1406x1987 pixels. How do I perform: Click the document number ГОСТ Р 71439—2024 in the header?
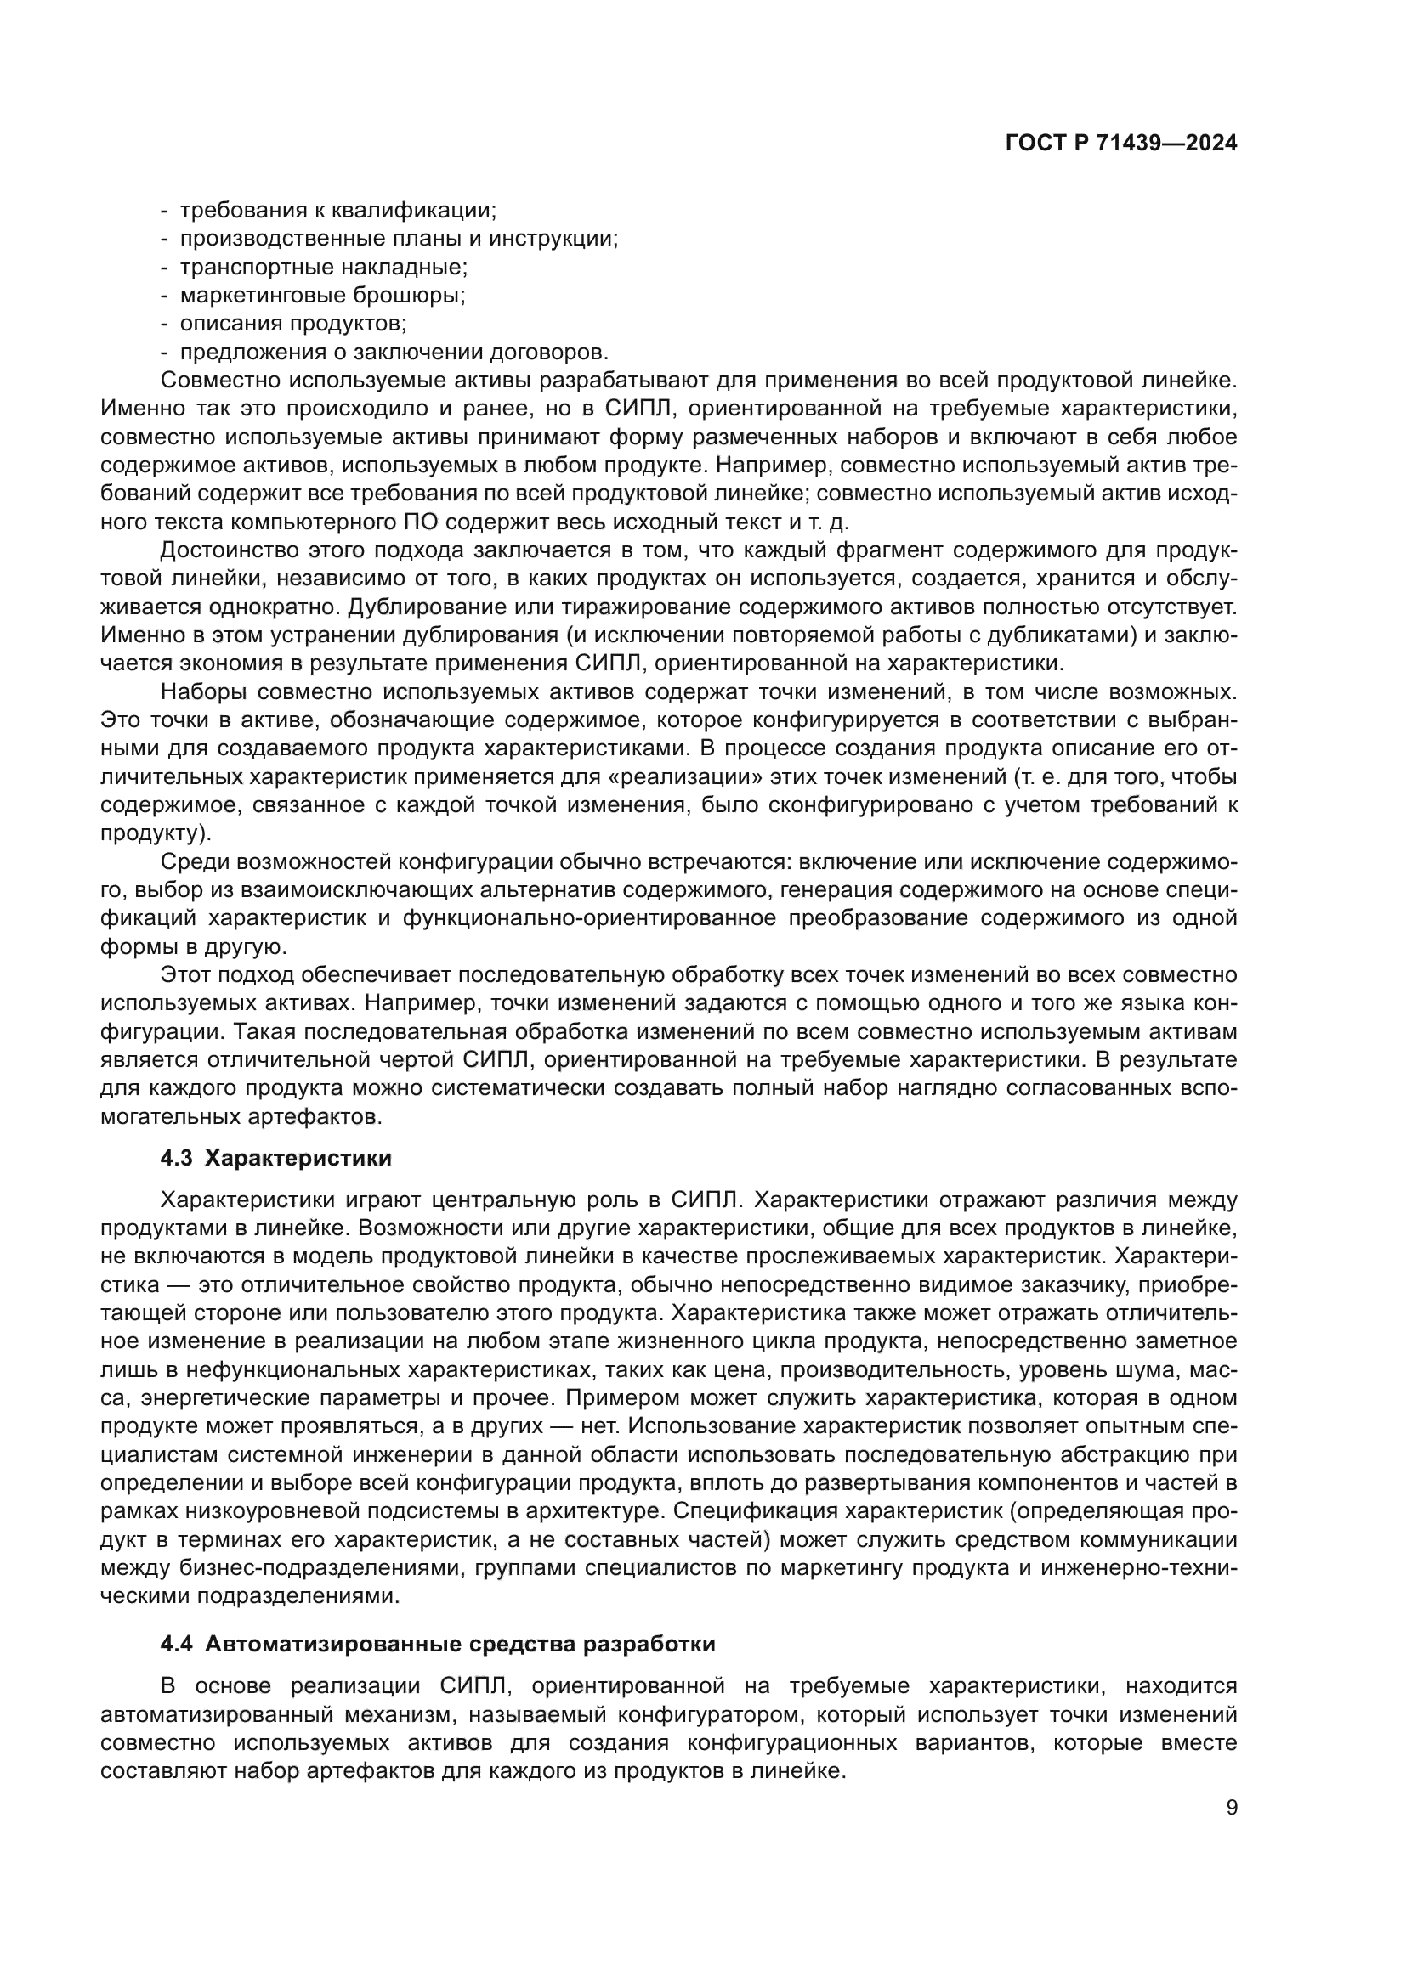point(1120,144)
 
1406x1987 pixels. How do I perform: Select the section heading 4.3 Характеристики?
point(276,1158)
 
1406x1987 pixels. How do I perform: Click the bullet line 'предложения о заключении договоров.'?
point(394,353)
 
